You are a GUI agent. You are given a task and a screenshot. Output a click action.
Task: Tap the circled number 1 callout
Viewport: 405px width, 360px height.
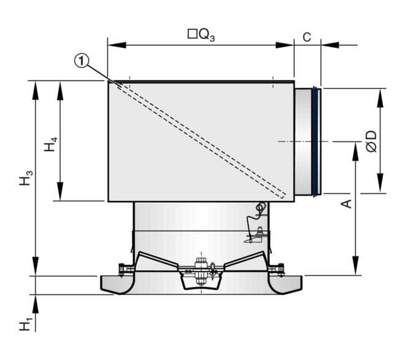pos(83,60)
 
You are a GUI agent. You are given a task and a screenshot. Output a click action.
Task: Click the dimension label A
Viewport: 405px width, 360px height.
pos(347,203)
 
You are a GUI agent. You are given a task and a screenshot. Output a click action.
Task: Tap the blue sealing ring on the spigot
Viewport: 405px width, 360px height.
pos(317,142)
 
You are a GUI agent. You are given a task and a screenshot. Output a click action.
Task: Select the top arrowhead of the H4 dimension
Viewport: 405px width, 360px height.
pos(60,86)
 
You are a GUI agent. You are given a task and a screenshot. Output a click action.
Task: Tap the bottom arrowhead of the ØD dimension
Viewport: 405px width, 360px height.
pos(380,187)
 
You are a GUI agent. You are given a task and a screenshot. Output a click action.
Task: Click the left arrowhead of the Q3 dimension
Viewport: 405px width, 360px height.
pos(113,44)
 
